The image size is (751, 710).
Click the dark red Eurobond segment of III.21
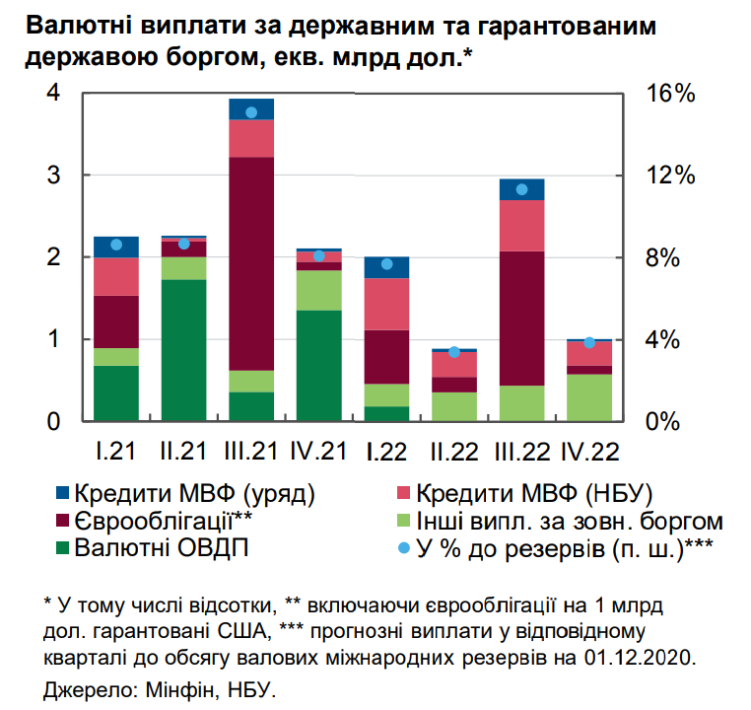[x=250, y=263]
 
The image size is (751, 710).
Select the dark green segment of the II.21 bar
[x=183, y=350]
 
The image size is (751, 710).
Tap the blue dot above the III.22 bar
[x=521, y=189]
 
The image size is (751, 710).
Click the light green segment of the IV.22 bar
[x=588, y=397]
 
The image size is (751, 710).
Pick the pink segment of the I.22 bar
[x=386, y=304]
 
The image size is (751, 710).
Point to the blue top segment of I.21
[x=116, y=247]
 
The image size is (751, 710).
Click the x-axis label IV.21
[x=319, y=453]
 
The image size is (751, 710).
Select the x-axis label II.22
[x=453, y=453]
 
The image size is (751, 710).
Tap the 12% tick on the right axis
[x=670, y=176]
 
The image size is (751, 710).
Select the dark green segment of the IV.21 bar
[x=319, y=366]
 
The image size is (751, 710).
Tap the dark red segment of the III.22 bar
[x=521, y=318]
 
